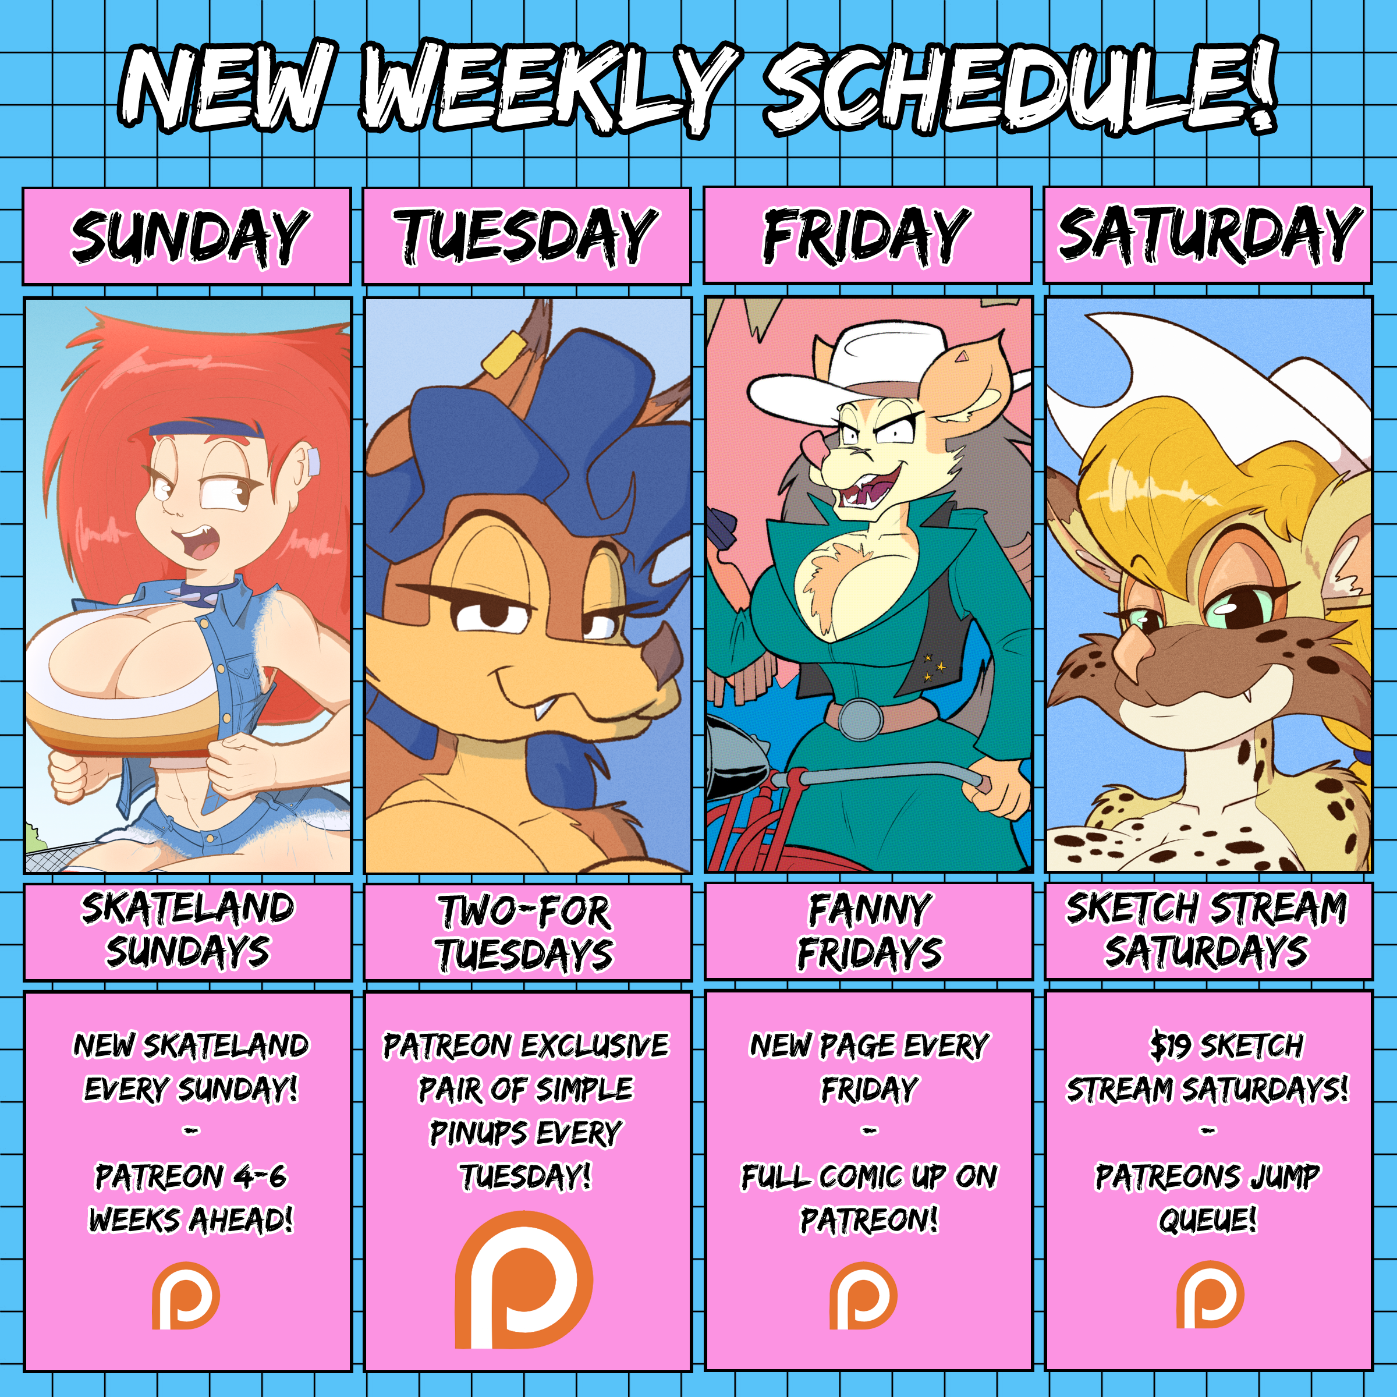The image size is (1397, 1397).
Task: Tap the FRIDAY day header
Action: click(867, 235)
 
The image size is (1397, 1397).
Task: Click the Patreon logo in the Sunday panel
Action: click(186, 1295)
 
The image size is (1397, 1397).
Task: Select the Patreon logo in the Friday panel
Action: click(863, 1295)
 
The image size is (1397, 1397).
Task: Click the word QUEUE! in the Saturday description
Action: click(1208, 1220)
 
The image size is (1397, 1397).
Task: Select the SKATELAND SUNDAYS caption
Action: click(189, 930)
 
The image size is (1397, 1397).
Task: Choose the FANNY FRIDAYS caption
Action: click(870, 931)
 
